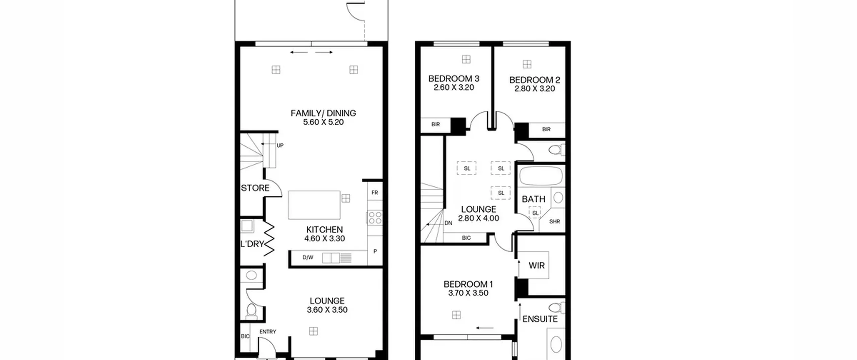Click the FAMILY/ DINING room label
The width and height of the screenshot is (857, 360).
pyautogui.click(x=323, y=113)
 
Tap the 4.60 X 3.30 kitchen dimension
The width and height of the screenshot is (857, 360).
pyautogui.click(x=324, y=238)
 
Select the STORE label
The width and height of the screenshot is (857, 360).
pyautogui.click(x=255, y=188)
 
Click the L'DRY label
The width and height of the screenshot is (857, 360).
pyautogui.click(x=252, y=244)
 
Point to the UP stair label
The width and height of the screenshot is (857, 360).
pyautogui.click(x=280, y=145)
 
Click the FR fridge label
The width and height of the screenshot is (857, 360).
pyautogui.click(x=375, y=193)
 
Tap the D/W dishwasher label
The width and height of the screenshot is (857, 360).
pyautogui.click(x=308, y=258)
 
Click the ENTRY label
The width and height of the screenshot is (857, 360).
pyautogui.click(x=268, y=332)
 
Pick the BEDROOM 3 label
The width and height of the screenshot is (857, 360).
pyautogui.click(x=454, y=79)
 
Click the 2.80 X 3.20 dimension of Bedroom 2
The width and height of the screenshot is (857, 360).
pyautogui.click(x=535, y=89)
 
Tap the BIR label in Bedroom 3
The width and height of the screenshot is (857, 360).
pyautogui.click(x=436, y=125)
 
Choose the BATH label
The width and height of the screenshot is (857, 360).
pyautogui.click(x=533, y=199)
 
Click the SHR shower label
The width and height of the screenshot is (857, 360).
pyautogui.click(x=554, y=221)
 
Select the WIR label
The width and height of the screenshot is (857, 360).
pyautogui.click(x=537, y=266)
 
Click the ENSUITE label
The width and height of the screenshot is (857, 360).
pyautogui.click(x=540, y=319)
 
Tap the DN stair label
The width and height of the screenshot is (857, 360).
pyautogui.click(x=448, y=223)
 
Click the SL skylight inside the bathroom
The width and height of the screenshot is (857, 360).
pyautogui.click(x=535, y=213)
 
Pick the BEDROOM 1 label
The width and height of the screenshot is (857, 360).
pyautogui.click(x=468, y=284)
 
